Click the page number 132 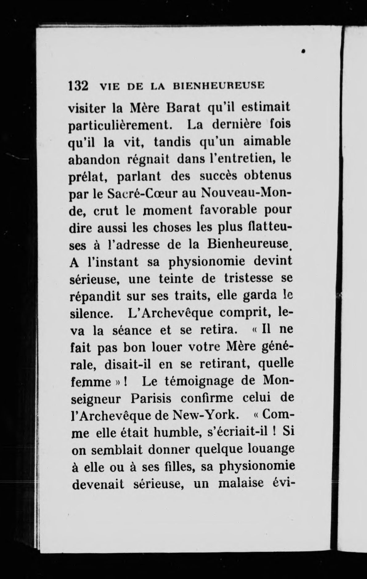point(78,85)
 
